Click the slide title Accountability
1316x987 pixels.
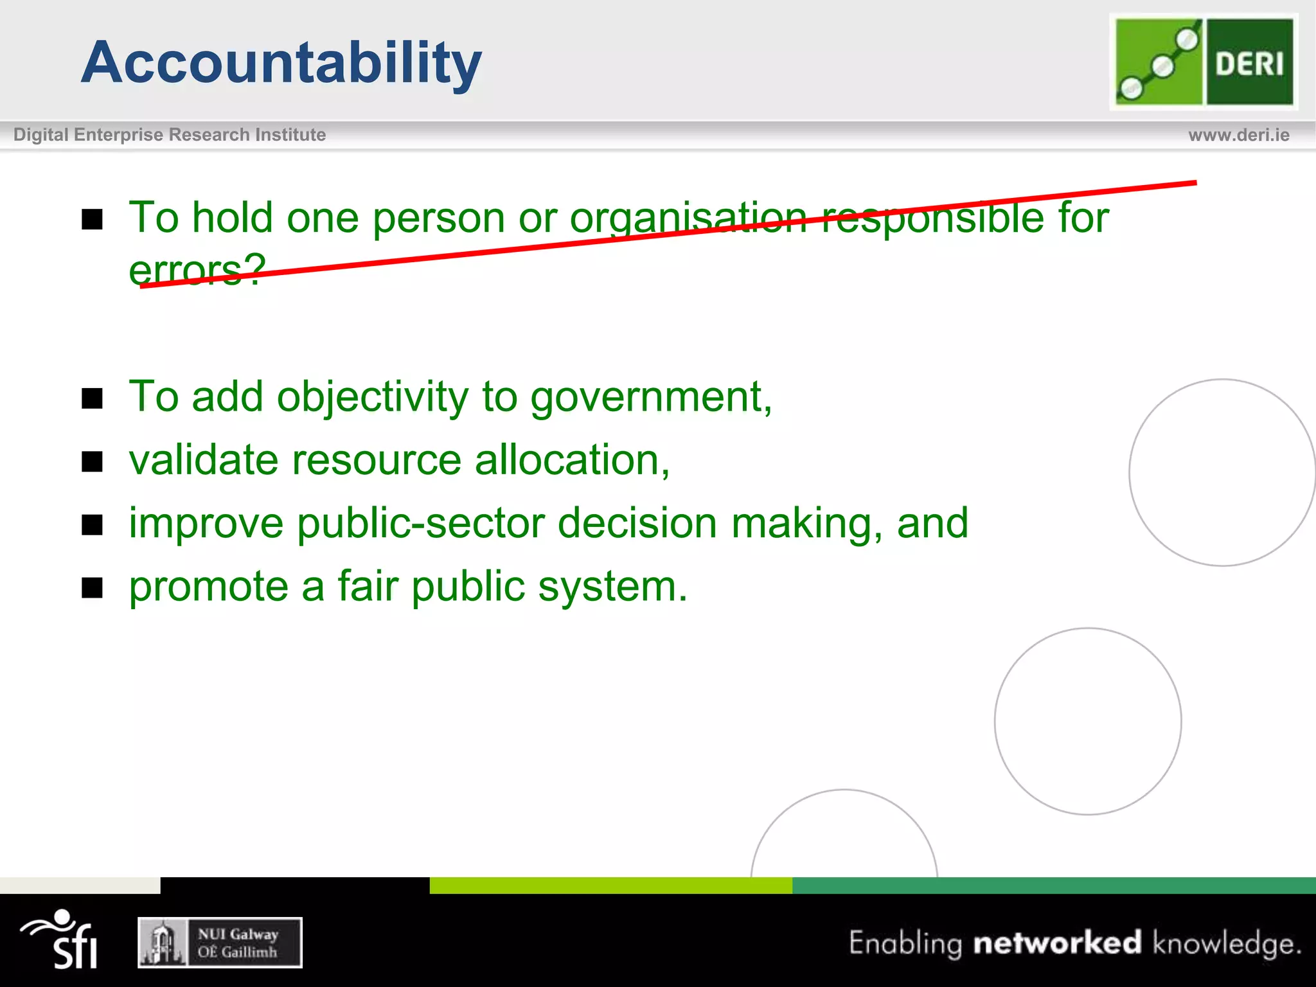(281, 62)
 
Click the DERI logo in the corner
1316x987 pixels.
(1204, 62)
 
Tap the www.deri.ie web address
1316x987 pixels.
(1238, 135)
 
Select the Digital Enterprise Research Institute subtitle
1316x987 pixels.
(170, 135)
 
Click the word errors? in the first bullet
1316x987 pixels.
(197, 269)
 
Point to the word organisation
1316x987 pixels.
(688, 218)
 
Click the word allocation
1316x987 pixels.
(572, 460)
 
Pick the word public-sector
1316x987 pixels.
(421, 523)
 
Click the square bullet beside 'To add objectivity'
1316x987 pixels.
(93, 398)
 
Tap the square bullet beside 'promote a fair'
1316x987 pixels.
(93, 587)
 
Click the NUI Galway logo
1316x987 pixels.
(220, 943)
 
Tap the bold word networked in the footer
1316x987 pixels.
(1057, 943)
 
